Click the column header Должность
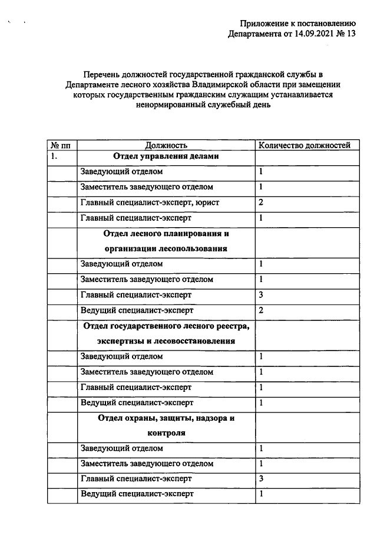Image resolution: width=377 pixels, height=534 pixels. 166,145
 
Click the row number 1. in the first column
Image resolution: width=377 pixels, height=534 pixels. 54,157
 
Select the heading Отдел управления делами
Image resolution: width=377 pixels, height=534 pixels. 166,157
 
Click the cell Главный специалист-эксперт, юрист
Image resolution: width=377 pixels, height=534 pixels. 150,202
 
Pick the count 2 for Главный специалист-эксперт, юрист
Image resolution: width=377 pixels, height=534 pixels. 261,202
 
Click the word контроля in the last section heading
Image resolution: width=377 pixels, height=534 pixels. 166,433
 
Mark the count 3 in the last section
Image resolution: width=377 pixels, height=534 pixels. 261,479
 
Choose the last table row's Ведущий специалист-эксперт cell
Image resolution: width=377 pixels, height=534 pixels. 137,494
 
